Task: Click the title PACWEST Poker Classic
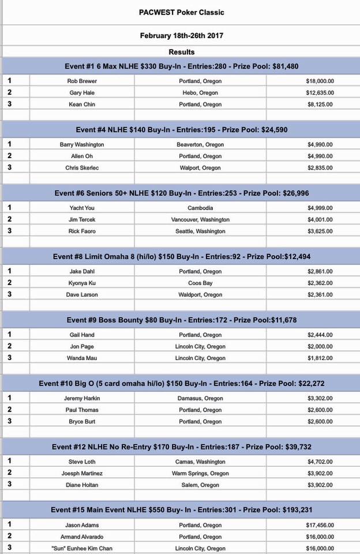tap(181, 12)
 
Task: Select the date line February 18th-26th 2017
tap(181, 35)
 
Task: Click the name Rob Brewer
tap(82, 81)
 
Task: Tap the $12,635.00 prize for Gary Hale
tap(320, 93)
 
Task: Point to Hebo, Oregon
tap(200, 93)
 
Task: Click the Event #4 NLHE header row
tap(181, 130)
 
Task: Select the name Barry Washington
tap(82, 145)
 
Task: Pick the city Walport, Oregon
tap(200, 168)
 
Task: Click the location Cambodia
tap(200, 208)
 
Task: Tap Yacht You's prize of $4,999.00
tap(320, 208)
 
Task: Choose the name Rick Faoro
tap(82, 231)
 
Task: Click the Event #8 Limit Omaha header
tap(181, 257)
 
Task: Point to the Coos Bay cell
tap(200, 283)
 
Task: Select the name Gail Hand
tap(82, 335)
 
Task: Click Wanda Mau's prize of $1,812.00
tap(320, 358)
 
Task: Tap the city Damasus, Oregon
tap(200, 399)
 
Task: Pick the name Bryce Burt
tap(82, 422)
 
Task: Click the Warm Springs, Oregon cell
tap(200, 474)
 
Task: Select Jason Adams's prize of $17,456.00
tap(320, 526)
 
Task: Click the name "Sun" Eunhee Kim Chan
tap(82, 548)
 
